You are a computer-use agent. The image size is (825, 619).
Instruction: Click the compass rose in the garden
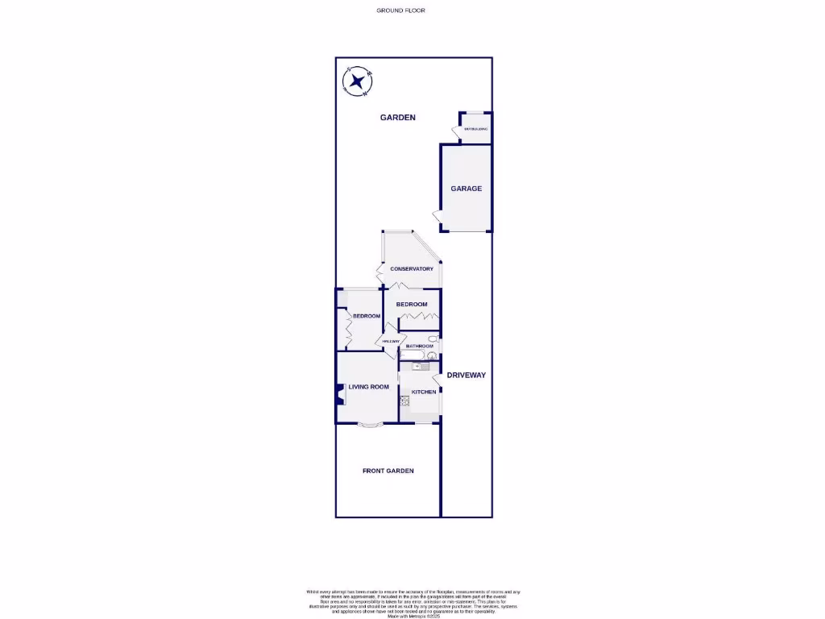point(357,81)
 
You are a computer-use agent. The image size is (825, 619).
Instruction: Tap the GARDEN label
point(398,118)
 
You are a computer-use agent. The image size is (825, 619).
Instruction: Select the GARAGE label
point(466,189)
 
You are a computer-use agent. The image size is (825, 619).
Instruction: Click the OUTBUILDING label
point(475,129)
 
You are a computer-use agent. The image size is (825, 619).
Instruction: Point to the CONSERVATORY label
point(412,269)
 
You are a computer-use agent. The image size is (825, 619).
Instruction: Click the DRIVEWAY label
point(466,376)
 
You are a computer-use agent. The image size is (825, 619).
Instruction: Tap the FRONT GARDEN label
point(388,471)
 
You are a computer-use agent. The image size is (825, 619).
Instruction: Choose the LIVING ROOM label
point(368,387)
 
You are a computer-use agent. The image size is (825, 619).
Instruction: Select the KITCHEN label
point(424,393)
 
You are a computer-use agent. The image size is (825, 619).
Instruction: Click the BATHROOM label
point(420,347)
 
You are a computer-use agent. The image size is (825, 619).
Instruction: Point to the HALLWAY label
point(392,342)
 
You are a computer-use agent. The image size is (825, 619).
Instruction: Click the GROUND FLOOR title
point(400,10)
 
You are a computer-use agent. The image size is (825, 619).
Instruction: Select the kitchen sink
point(417,367)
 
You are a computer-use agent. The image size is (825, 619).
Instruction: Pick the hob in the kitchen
point(404,401)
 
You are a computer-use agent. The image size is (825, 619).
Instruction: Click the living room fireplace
point(340,396)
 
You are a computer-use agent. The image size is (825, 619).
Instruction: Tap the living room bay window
point(371,425)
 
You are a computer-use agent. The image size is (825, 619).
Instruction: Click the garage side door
point(437,215)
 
